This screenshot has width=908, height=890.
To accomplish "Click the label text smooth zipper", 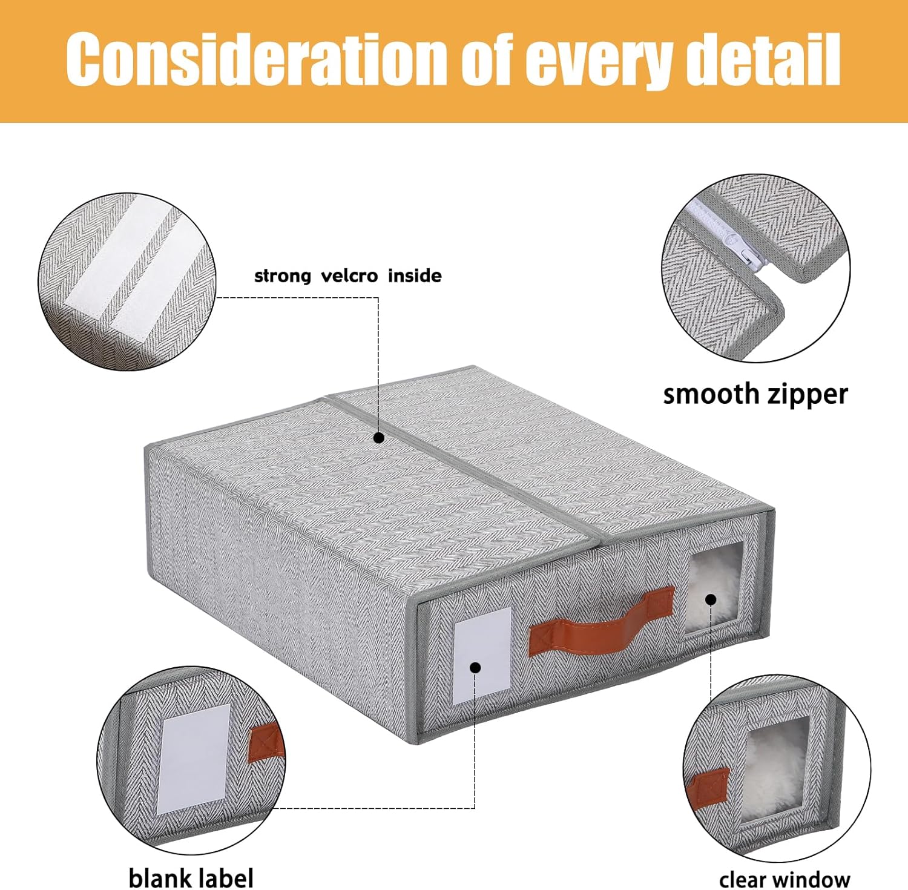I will (x=755, y=395).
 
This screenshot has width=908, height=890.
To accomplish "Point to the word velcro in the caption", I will (x=349, y=276).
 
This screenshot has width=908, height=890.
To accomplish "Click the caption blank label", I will (x=191, y=877).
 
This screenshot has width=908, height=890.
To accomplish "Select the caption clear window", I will (x=785, y=878).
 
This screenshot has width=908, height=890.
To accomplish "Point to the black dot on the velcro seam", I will (x=378, y=438).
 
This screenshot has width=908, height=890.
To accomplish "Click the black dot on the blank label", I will (x=476, y=668).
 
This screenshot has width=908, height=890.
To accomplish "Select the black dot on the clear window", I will (x=711, y=599).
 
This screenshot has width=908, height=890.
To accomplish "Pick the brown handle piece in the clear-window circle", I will (x=708, y=787).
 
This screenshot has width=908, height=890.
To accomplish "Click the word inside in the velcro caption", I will (x=415, y=276).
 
